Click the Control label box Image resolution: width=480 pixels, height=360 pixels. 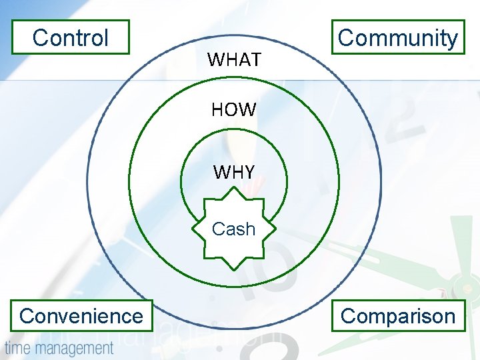coord(70,37)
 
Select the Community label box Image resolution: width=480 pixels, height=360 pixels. coord(398,37)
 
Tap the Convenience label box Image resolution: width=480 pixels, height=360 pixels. coord(81,315)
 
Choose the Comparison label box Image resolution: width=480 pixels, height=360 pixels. coord(398,315)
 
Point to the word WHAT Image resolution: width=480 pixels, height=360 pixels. coord(234,60)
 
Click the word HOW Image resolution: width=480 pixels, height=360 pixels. coord(233,110)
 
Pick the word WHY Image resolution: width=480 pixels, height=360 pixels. coord(233,173)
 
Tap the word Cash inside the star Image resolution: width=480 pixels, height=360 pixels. coord(233,229)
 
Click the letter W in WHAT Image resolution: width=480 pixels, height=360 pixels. coord(216,60)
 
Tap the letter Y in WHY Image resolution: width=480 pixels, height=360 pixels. coord(247,173)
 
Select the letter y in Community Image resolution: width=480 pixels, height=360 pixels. coord(452,40)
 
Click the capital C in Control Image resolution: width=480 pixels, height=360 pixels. coord(39,37)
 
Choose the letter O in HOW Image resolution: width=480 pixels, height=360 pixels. coord(233,110)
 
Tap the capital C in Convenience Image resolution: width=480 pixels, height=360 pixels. coord(27,315)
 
